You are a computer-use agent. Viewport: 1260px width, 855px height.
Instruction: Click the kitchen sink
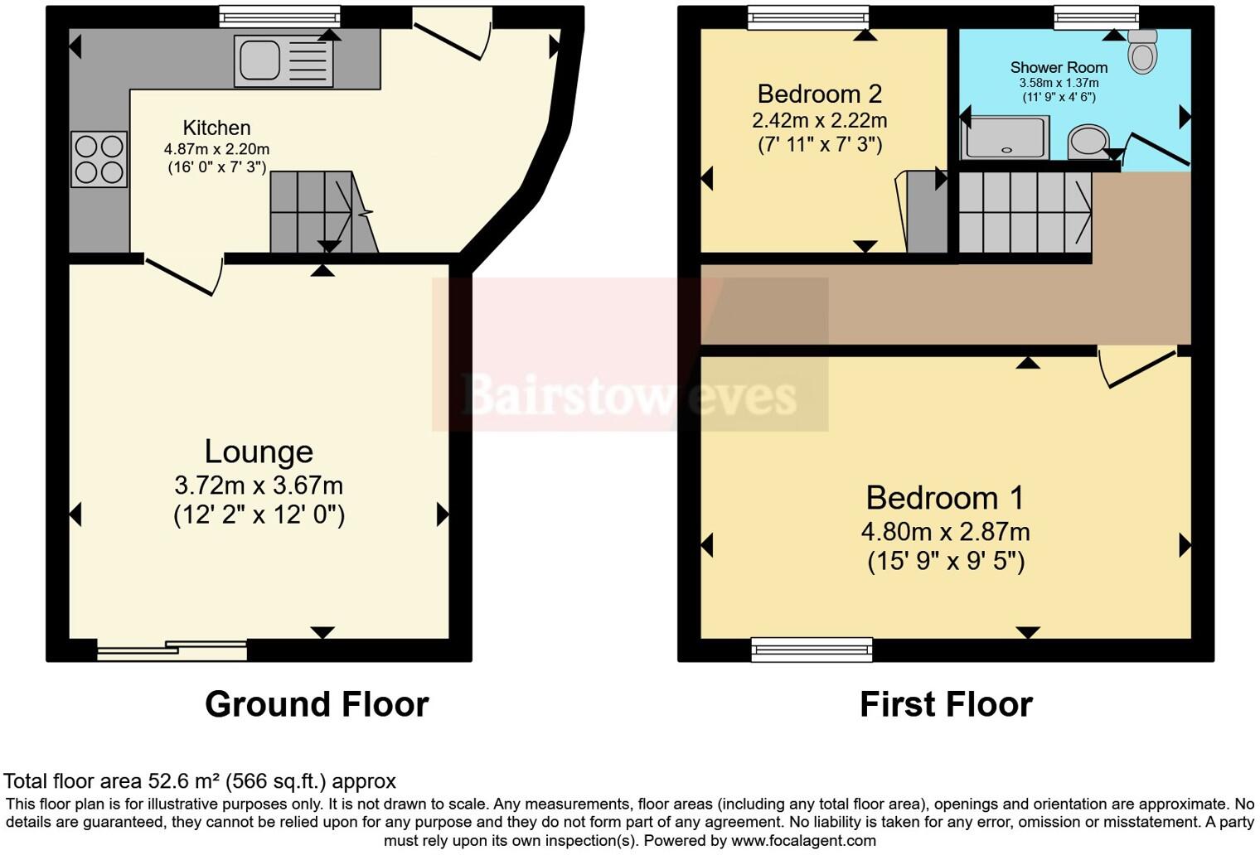pyautogui.click(x=283, y=60)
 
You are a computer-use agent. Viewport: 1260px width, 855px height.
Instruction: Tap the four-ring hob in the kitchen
pyautogui.click(x=99, y=160)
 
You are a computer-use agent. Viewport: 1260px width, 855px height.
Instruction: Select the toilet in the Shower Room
pyautogui.click(x=1142, y=51)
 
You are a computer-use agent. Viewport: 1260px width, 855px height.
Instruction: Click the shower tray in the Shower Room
pyautogui.click(x=1006, y=138)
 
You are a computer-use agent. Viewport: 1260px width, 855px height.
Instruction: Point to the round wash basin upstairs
pyautogui.click(x=1089, y=142)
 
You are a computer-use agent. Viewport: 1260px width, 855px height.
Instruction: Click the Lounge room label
pyautogui.click(x=259, y=452)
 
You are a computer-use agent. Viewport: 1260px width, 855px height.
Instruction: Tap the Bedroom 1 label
pyautogui.click(x=944, y=498)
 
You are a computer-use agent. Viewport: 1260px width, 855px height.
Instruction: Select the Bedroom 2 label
pyautogui.click(x=820, y=94)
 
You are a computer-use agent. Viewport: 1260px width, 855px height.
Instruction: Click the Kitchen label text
pyautogui.click(x=216, y=128)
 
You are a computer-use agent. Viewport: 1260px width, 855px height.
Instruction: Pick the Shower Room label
pyautogui.click(x=1059, y=67)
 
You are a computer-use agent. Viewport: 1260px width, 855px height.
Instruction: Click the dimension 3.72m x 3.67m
pyautogui.click(x=259, y=485)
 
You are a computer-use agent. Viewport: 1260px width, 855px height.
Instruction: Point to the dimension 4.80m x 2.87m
pyautogui.click(x=945, y=532)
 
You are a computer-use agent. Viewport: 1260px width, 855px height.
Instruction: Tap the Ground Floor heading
pyautogui.click(x=317, y=704)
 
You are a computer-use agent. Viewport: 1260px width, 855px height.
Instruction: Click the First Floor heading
pyautogui.click(x=946, y=704)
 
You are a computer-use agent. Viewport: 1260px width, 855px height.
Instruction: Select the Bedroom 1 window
pyautogui.click(x=812, y=650)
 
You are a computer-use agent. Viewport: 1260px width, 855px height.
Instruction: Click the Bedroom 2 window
pyautogui.click(x=808, y=17)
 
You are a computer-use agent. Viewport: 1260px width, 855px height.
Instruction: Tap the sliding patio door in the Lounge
pyautogui.click(x=172, y=650)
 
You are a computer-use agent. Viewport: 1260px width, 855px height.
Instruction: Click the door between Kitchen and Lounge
pyautogui.click(x=185, y=275)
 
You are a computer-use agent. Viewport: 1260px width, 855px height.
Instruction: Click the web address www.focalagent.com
pyautogui.click(x=803, y=841)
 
